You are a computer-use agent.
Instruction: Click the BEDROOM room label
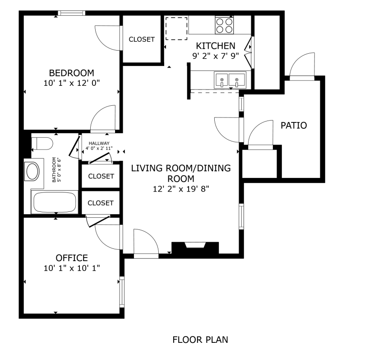[72, 73]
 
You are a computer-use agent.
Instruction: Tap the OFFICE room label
[72, 258]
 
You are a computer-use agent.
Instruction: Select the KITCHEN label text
[216, 46]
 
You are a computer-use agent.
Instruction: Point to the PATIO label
[294, 125]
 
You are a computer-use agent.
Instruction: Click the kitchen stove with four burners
[224, 25]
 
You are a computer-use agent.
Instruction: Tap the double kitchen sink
[230, 80]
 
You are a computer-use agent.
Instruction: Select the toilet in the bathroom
[42, 143]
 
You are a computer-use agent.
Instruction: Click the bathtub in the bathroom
[55, 202]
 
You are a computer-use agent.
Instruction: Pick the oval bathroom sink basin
[33, 171]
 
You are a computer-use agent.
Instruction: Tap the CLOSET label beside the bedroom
[142, 39]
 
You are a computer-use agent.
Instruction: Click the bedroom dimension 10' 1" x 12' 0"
[72, 83]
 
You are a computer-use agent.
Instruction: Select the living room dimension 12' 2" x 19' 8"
[181, 189]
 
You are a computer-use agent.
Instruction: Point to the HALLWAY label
[99, 143]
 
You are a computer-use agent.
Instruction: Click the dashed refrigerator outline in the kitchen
[176, 28]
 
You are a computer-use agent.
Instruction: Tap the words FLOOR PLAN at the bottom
[200, 340]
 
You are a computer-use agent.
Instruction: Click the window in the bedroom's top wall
[72, 13]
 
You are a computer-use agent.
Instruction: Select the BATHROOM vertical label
[54, 170]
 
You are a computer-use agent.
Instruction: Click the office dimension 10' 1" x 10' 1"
[72, 268]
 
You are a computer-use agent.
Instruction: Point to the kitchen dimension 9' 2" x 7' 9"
[216, 56]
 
